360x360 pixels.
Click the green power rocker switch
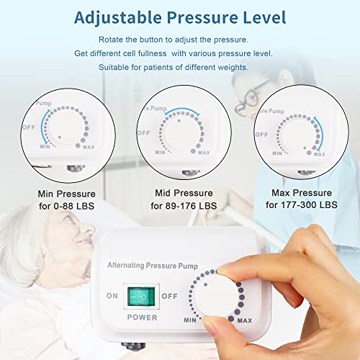pos(141,295)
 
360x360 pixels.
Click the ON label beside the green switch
pos(112,296)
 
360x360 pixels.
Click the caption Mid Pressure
pos(183,193)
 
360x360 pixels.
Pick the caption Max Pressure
pos(300,193)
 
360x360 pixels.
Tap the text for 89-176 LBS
pos(183,206)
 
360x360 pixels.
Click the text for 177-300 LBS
pos(300,206)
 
